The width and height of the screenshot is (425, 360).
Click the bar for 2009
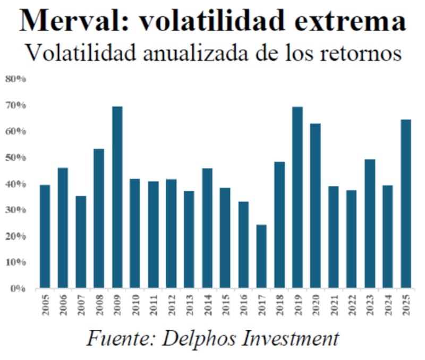(x=117, y=198)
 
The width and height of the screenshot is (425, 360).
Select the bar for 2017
(x=261, y=256)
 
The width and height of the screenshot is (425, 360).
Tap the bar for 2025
(x=406, y=204)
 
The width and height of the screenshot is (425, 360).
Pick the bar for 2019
(x=297, y=198)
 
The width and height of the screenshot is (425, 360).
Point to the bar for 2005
(x=45, y=237)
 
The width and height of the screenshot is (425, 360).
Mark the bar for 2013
(x=189, y=240)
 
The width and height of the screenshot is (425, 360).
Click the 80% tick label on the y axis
(x=16, y=79)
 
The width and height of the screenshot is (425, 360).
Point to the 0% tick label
(x=18, y=289)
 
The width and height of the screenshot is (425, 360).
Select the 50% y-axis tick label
(x=16, y=158)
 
